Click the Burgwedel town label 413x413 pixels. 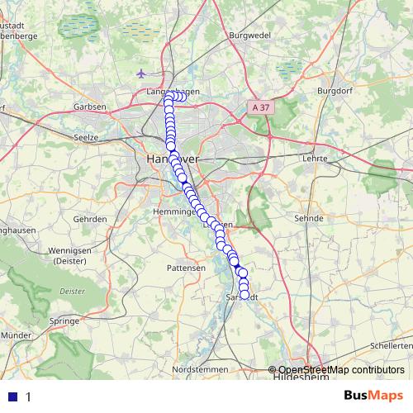click(250, 36)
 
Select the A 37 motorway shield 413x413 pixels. click(261, 107)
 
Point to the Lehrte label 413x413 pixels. click(316, 157)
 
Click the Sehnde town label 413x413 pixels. click(306, 219)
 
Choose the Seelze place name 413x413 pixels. click(86, 137)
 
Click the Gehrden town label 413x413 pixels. click(90, 219)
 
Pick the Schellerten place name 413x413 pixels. click(391, 345)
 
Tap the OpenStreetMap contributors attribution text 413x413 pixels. click(340, 370)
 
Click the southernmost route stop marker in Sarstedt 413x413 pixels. click(244, 295)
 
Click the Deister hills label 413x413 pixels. click(74, 291)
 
